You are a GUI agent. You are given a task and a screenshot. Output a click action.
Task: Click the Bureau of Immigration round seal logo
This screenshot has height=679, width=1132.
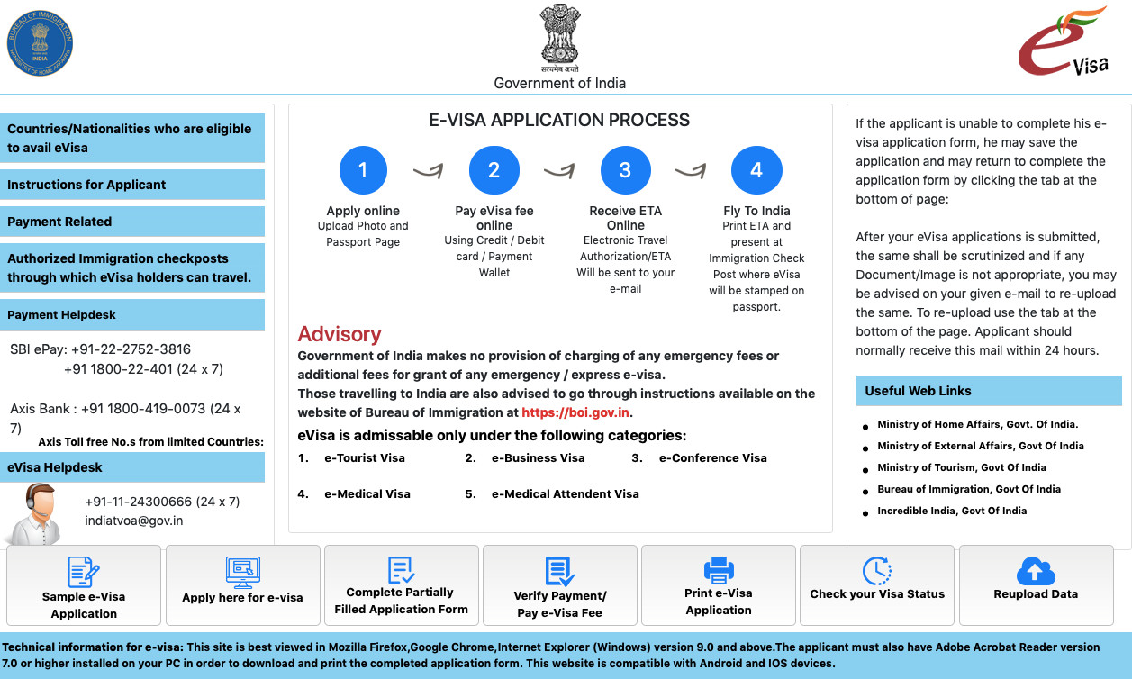pos(39,42)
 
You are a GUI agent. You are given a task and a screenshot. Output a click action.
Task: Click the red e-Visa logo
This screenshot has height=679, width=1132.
pos(1063,42)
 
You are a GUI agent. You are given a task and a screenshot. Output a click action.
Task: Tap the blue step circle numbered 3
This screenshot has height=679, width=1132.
pos(625,170)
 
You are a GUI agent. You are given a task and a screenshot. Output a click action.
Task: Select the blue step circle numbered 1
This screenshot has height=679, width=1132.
pos(363,170)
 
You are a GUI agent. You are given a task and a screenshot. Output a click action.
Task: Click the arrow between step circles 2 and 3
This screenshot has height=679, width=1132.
pos(559,170)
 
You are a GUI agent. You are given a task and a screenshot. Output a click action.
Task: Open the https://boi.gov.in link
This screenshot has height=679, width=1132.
pos(575,412)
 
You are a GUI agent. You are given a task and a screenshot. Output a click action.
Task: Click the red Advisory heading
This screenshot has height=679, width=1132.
pos(340,334)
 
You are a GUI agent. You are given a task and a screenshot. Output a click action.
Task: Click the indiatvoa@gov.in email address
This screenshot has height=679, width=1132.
pos(133,521)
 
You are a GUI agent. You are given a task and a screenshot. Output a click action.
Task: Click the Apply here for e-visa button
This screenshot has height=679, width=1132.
pos(242,584)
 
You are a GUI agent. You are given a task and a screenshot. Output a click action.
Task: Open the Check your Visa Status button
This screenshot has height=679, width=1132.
pos(877,584)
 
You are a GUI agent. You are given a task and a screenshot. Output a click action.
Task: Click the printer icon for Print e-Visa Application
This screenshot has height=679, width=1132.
pos(719,570)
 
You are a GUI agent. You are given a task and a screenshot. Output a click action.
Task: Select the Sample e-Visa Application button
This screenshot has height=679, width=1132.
pos(84,584)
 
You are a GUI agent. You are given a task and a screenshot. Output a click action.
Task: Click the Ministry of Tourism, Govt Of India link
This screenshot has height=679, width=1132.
pos(962,467)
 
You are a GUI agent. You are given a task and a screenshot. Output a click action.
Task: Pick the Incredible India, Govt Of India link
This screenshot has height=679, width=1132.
pos(952,511)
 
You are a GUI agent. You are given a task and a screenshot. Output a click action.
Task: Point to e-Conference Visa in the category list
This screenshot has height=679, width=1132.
pos(712,457)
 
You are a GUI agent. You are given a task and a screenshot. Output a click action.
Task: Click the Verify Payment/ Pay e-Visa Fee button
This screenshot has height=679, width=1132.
pos(560,584)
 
